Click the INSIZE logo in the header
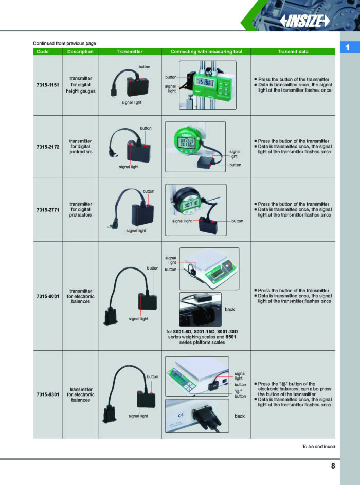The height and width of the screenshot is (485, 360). point(305,21)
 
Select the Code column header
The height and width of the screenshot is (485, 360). point(43,52)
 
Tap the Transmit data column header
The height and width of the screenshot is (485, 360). point(293,52)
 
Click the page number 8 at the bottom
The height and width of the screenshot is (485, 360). point(333,466)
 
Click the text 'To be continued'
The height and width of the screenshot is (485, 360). point(318,446)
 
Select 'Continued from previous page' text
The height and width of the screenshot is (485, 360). point(64,43)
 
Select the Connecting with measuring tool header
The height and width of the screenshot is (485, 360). point(210,52)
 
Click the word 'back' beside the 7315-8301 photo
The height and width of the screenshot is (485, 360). point(240,416)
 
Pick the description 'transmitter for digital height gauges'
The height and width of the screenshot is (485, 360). point(81,84)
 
